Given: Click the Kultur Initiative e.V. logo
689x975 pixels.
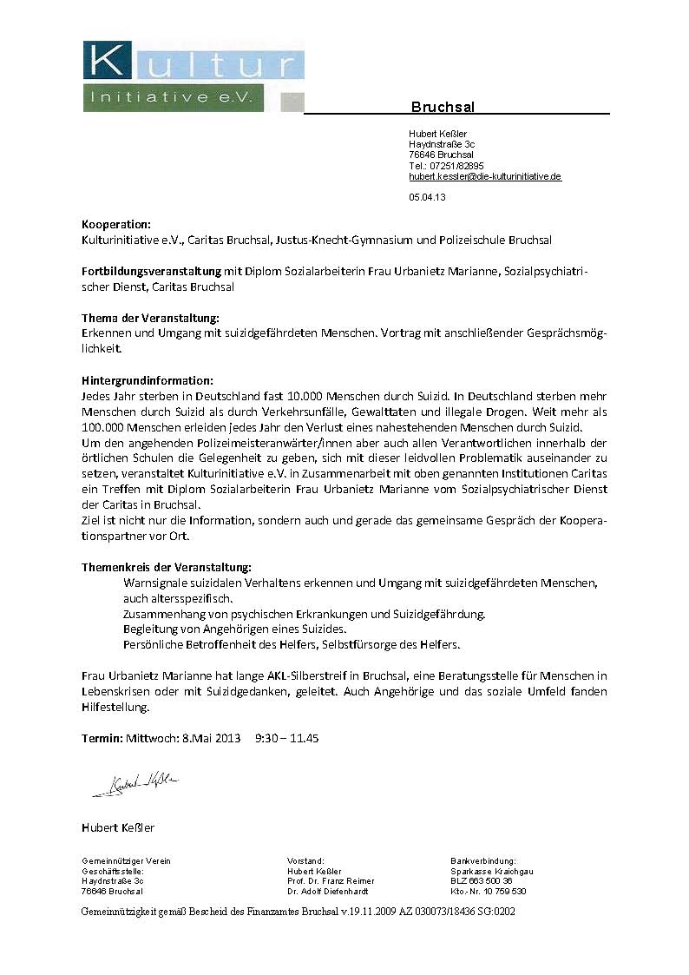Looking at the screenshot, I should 193,76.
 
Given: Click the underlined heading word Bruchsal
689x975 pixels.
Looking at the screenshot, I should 443,107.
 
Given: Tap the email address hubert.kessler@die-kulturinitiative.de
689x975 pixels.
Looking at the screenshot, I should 485,176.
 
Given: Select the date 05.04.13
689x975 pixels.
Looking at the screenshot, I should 427,197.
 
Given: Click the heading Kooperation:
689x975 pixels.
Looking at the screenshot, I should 116,224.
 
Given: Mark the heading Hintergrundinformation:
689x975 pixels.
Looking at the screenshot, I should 147,380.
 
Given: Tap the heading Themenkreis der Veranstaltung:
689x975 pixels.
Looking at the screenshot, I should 166,566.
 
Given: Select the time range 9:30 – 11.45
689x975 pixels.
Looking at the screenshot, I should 287,739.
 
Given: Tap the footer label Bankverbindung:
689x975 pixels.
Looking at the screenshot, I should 483,860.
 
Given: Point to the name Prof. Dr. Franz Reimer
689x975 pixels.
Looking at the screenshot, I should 331,880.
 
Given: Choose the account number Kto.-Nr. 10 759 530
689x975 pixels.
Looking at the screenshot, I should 489,891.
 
